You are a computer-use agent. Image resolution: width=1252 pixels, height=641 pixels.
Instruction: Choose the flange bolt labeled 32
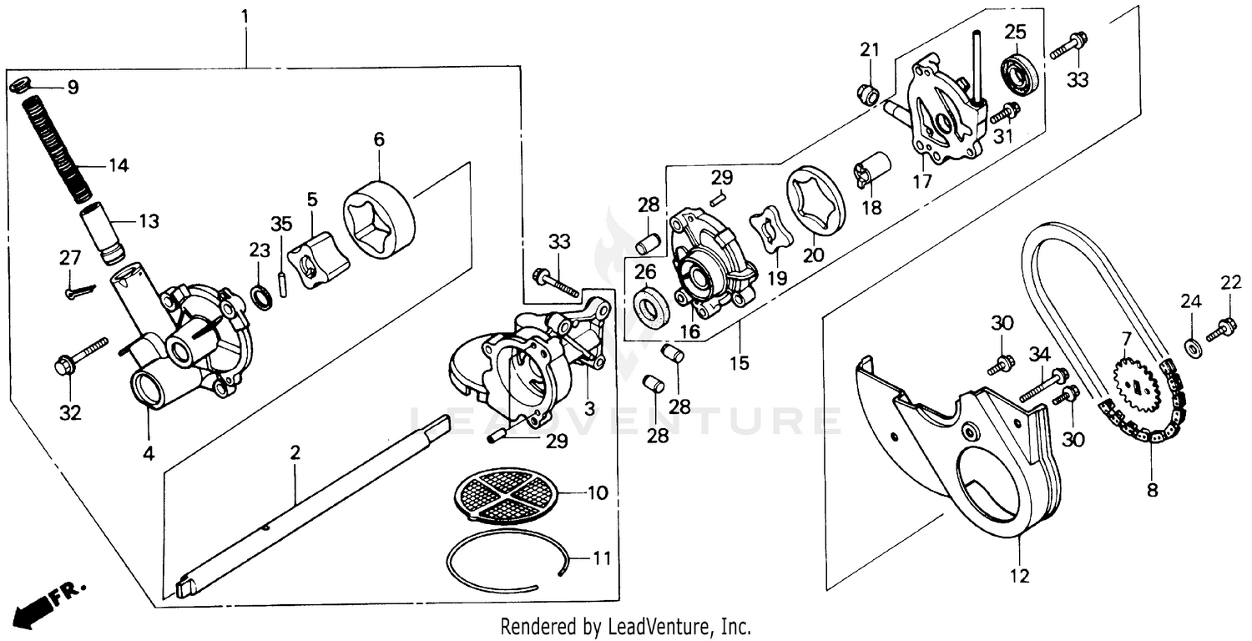[x=80, y=355]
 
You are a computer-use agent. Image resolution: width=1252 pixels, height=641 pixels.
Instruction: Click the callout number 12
[x=1020, y=575]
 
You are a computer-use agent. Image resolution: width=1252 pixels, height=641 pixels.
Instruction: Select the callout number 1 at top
[x=245, y=16]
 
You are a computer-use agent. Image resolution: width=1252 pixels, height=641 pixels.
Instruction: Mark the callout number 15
[x=739, y=363]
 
